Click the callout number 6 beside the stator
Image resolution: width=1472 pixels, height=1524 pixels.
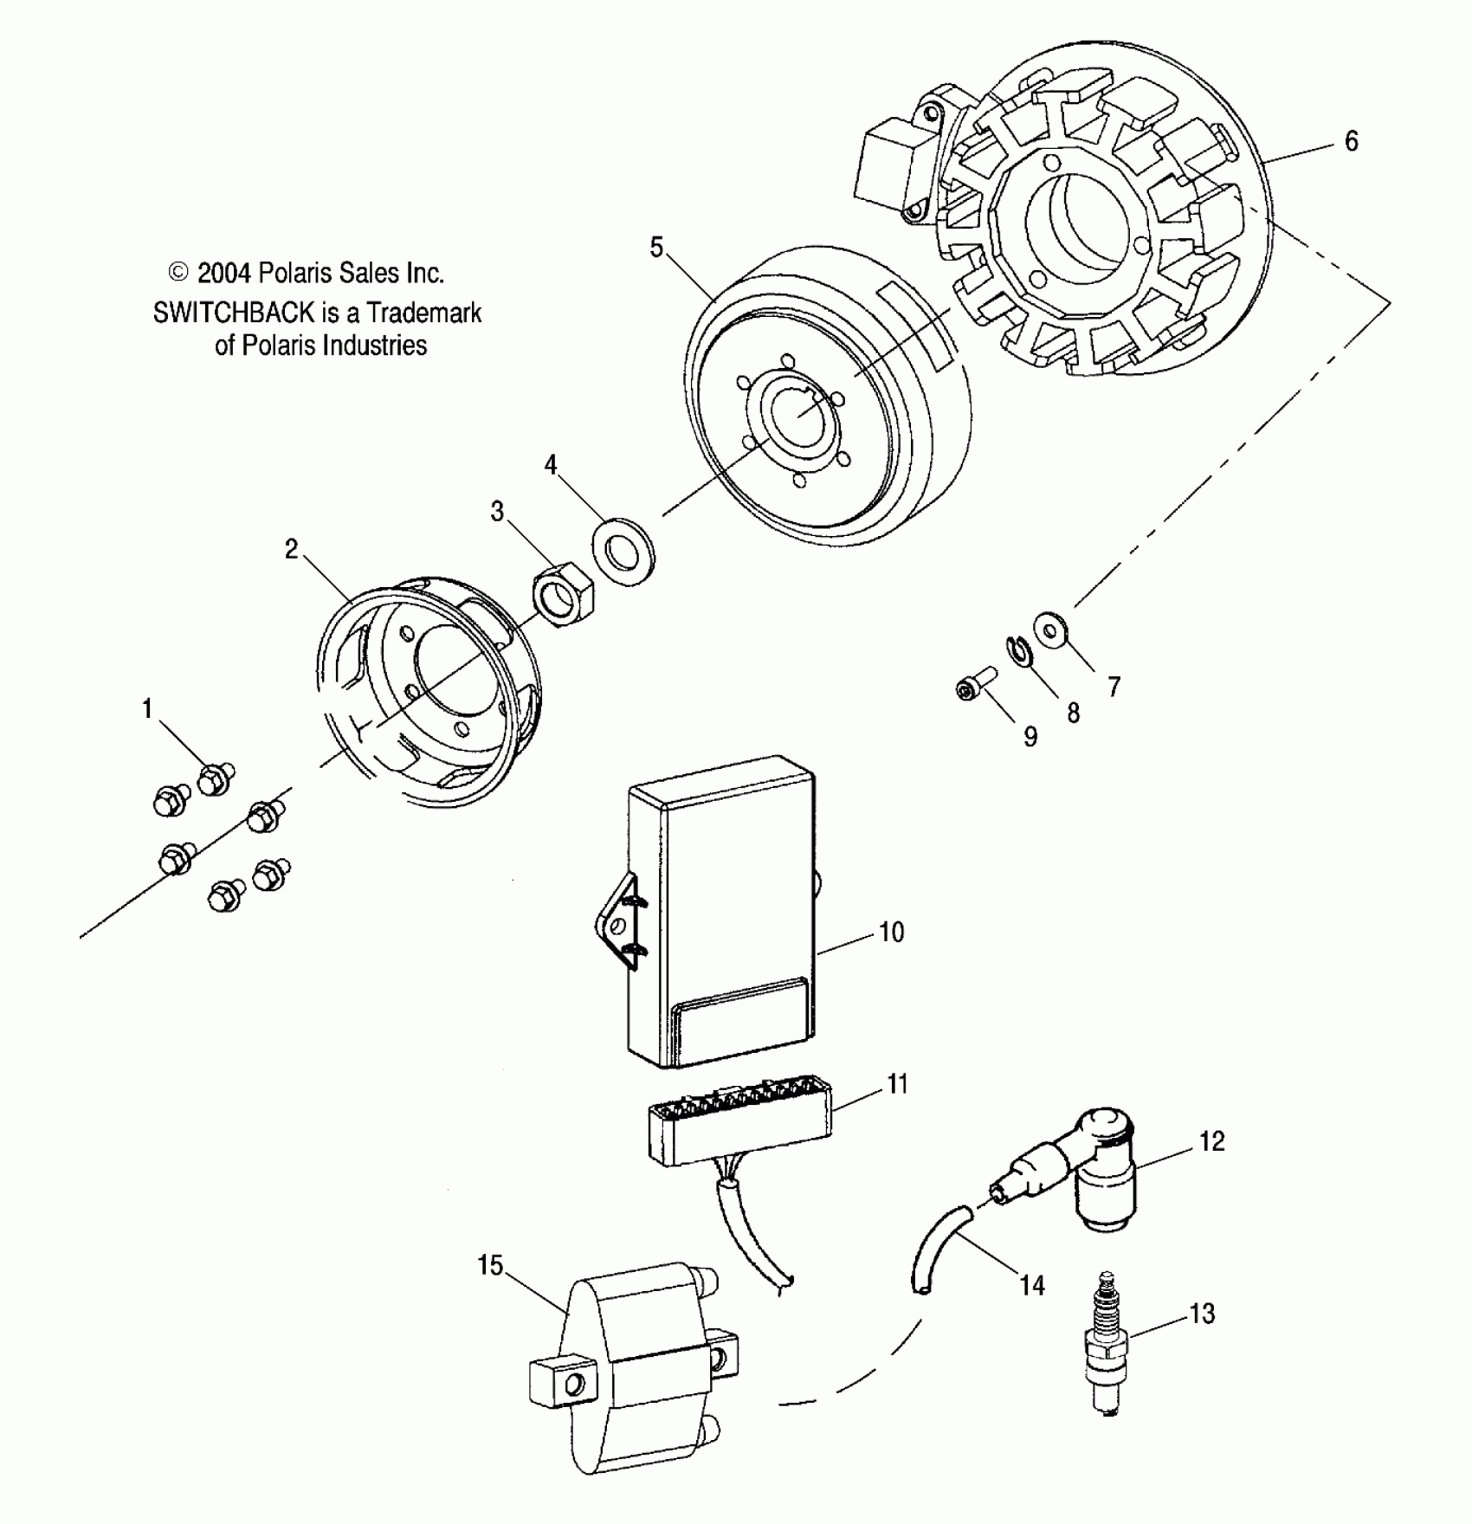coord(1352,141)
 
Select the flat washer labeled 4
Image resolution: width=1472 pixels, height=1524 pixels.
coord(623,551)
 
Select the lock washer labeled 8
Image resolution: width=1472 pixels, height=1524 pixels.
coord(1017,654)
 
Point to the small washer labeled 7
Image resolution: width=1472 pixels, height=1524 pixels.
coord(1051,627)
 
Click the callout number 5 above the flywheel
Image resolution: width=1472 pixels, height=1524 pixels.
coord(656,249)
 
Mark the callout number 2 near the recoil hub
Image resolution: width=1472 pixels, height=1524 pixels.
coord(292,549)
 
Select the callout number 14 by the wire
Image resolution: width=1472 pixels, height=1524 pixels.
coord(1031,1285)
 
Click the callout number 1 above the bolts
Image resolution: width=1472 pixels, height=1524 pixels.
coord(147,709)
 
